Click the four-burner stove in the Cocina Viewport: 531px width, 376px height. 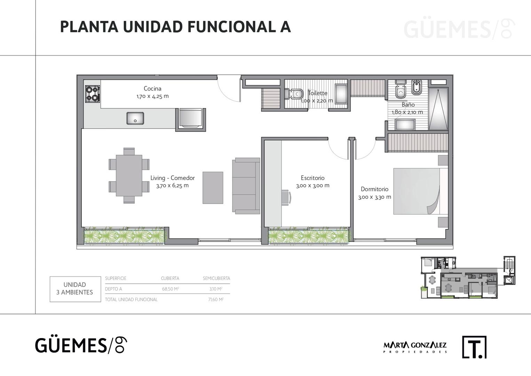[x=93, y=94]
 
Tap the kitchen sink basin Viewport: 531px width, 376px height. [x=135, y=118]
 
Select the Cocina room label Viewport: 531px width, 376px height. [x=152, y=88]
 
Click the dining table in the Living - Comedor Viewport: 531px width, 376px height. [x=129, y=175]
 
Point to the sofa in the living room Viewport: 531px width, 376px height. [x=246, y=186]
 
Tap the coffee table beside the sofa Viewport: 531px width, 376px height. [x=213, y=188]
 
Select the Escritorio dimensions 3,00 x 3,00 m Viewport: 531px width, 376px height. [x=313, y=186]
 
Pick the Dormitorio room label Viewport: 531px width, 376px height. [x=374, y=189]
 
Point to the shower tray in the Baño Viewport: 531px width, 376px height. [x=438, y=109]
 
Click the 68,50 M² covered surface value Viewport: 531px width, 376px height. [x=171, y=289]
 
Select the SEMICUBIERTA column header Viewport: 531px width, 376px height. [x=216, y=278]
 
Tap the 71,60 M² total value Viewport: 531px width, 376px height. [x=216, y=299]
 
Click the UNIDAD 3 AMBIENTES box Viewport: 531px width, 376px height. [x=75, y=289]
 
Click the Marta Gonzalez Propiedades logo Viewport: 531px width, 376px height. [x=415, y=347]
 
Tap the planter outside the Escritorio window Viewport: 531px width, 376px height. [x=309, y=236]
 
